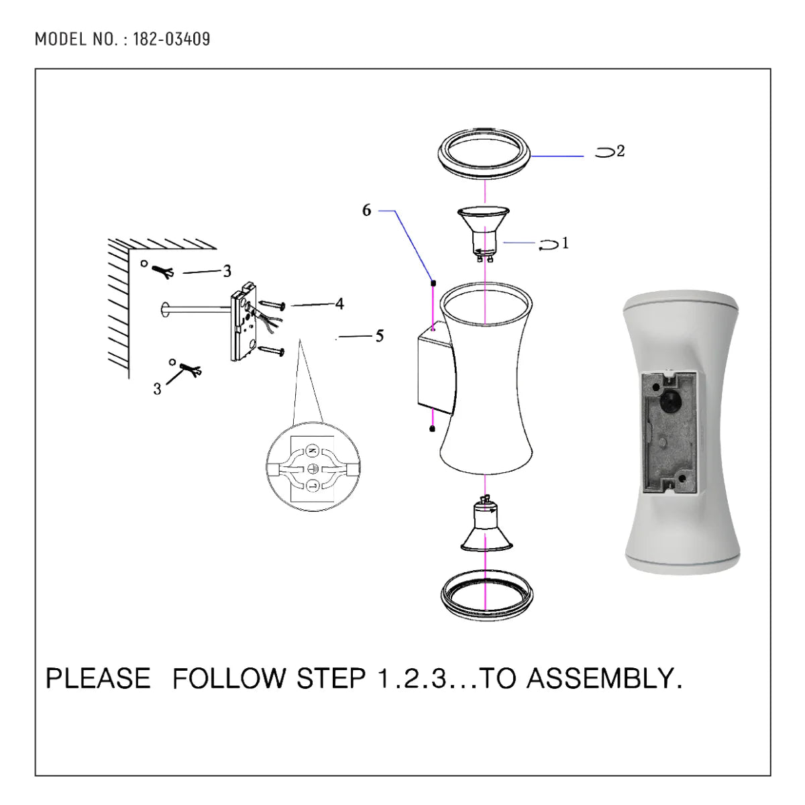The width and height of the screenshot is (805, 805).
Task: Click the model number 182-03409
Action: tap(172, 40)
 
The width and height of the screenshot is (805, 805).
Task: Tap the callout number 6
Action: tap(366, 211)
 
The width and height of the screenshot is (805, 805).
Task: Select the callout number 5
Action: tap(379, 336)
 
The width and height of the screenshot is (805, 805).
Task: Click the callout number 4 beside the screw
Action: tap(339, 304)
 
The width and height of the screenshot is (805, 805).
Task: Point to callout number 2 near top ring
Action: tap(621, 152)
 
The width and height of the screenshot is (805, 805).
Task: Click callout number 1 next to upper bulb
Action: tap(565, 243)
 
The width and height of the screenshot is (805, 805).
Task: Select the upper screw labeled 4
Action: tap(272, 306)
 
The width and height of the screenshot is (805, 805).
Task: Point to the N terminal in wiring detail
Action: tap(312, 450)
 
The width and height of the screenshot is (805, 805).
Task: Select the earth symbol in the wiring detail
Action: tap(312, 468)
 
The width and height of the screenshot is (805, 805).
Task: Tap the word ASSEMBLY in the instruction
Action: tap(604, 678)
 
